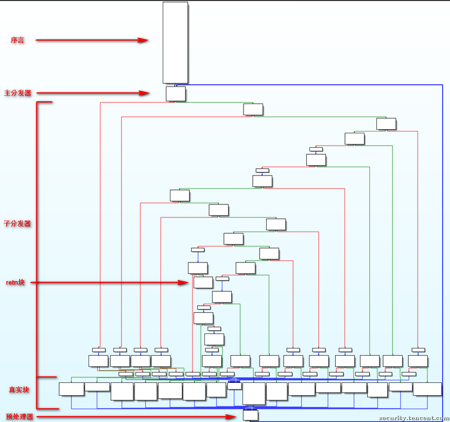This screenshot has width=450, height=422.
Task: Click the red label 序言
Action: point(18,40)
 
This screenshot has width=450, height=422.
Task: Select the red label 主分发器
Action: point(18,93)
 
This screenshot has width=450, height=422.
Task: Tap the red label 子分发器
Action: point(18,224)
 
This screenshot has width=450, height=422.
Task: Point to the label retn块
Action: point(15,283)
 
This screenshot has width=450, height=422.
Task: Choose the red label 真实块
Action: point(19,390)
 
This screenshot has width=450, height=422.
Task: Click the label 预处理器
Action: point(20,417)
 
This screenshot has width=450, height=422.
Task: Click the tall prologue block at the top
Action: point(175,43)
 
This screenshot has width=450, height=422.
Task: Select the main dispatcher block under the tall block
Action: point(176,94)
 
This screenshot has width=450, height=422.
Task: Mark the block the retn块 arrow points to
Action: point(203,282)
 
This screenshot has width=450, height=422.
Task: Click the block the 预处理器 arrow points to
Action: point(251,415)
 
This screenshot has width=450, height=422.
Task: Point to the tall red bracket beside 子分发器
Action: point(37,239)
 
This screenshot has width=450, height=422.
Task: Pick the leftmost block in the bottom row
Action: point(71,389)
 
